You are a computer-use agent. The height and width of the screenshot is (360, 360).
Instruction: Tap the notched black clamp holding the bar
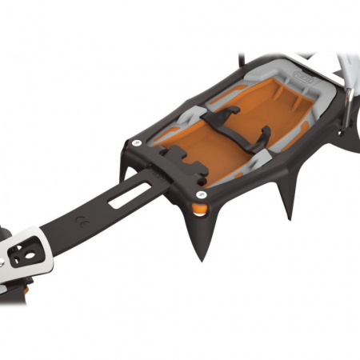click(x=180, y=162)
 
